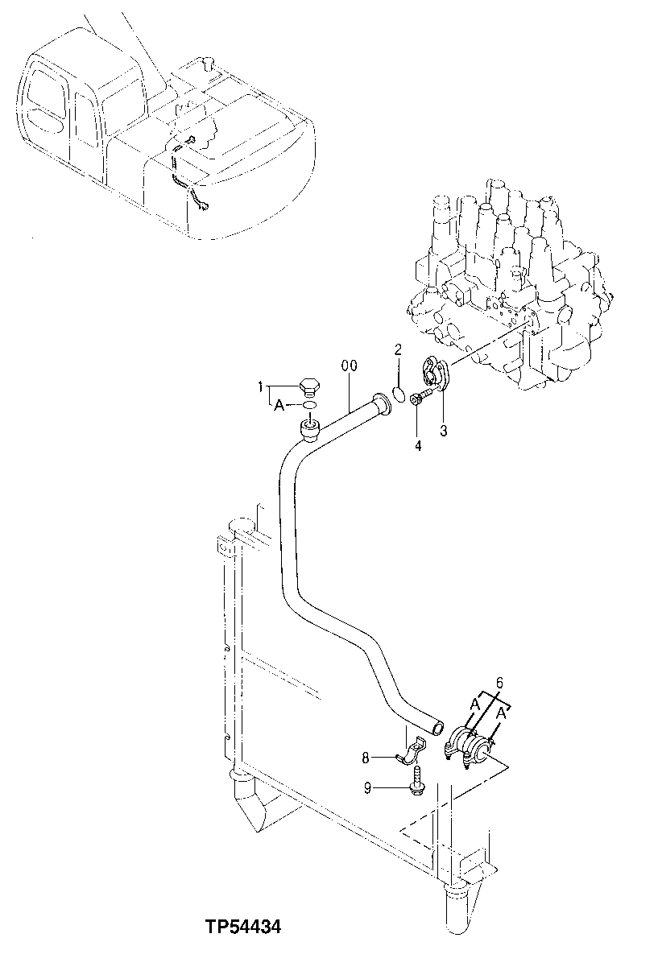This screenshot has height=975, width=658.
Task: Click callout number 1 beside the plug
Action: coord(261,389)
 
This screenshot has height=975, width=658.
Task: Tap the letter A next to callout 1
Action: coord(279,407)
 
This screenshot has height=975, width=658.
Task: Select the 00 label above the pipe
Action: coord(349,366)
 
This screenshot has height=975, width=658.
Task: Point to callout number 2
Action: coord(398,349)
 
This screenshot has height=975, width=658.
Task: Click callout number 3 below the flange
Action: coord(443,430)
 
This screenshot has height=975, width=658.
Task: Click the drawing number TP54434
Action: coord(242,927)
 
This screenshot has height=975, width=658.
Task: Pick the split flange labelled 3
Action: coord(436,376)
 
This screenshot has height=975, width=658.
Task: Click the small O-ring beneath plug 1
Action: coord(310,405)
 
